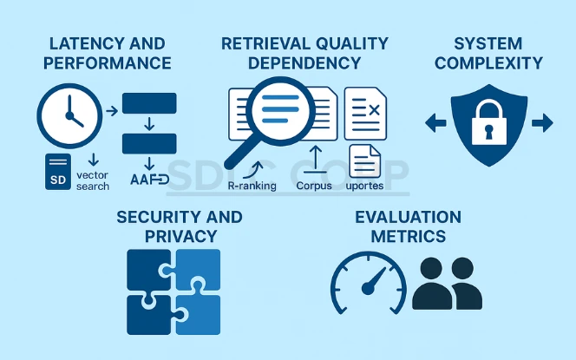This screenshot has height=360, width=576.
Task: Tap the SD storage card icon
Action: [x=57, y=172]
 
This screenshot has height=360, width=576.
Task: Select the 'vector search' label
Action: [x=93, y=180]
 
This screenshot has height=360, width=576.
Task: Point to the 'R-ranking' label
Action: [x=252, y=186]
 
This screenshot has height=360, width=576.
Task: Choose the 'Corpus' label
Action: [x=313, y=186]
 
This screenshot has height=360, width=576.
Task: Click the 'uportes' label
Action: [x=364, y=186]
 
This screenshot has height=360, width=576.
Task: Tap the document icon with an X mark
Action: [x=365, y=113]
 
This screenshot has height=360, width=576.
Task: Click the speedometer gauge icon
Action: [x=368, y=285]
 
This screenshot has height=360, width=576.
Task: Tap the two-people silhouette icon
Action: [x=447, y=285]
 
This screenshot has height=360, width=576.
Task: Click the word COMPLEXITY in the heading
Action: [x=488, y=63]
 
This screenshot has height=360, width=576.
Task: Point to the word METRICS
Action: [x=409, y=236]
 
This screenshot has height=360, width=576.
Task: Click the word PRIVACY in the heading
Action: [x=180, y=236]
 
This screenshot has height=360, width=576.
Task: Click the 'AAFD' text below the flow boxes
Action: [x=148, y=180]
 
